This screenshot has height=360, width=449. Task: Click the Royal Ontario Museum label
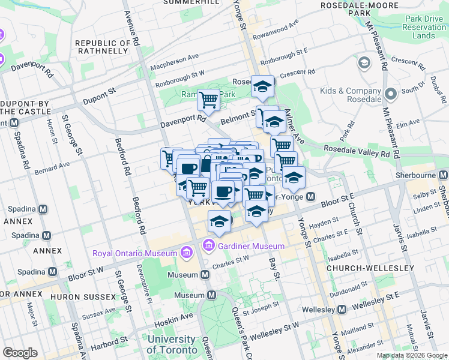click(x=134, y=253)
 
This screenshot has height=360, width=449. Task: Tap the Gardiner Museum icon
click(x=209, y=245)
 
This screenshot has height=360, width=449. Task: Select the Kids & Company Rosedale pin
click(x=391, y=94)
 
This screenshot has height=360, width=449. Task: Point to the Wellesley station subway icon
click(x=342, y=310)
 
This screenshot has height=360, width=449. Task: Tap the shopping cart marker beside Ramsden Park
click(x=208, y=100)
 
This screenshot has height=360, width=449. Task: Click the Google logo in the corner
click(x=20, y=353)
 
